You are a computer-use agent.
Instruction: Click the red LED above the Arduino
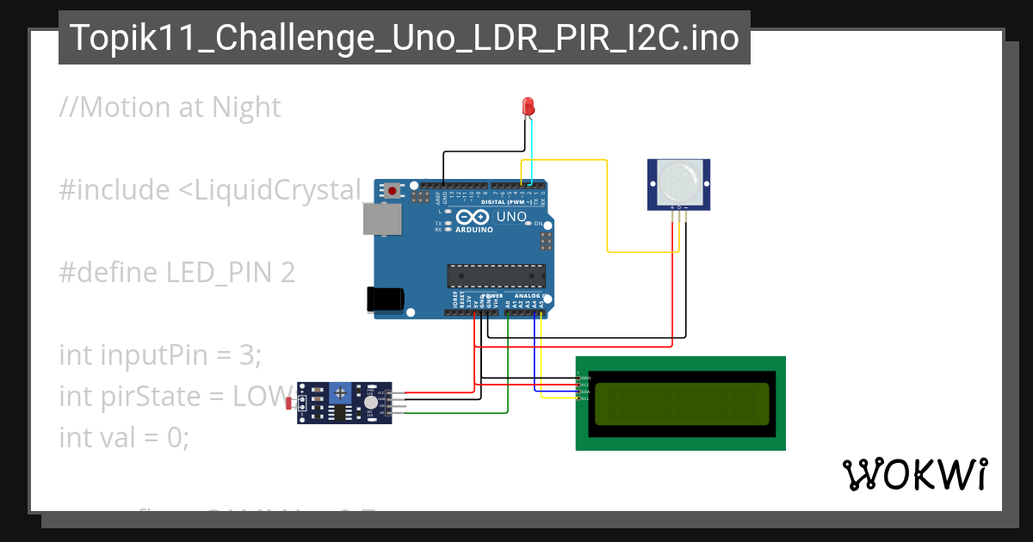pos(529,107)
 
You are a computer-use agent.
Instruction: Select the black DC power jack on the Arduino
pos(385,299)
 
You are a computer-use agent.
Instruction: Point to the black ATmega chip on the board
pos(496,275)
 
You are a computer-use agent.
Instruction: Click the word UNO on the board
pos(510,216)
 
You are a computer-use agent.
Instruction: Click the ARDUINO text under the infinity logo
pos(474,231)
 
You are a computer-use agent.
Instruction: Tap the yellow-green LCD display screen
pos(681,403)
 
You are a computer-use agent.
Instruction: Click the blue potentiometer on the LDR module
pos(341,393)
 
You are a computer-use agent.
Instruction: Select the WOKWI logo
pos(914,474)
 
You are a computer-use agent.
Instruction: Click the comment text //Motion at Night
pos(170,108)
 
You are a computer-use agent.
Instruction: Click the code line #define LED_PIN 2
pos(177,273)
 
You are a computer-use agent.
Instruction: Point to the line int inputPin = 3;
pos(160,354)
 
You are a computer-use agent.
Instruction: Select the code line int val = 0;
pos(124,437)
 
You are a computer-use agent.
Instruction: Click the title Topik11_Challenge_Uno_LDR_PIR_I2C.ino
pos(404,38)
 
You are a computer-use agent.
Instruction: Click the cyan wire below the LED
pos(533,151)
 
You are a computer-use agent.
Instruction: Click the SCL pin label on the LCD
pos(585,399)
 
